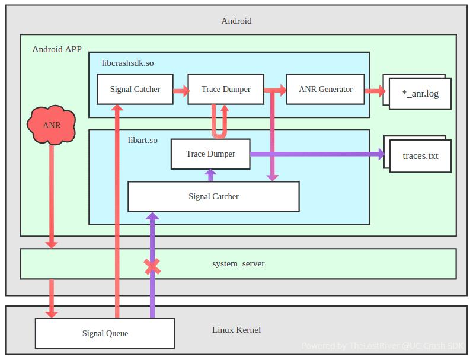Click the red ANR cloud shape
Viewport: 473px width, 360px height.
[52, 125]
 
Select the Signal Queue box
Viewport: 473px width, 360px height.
[105, 333]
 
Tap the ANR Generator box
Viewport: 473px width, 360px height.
[325, 89]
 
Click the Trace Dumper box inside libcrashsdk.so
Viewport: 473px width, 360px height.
[226, 89]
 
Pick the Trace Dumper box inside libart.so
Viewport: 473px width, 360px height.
[210, 154]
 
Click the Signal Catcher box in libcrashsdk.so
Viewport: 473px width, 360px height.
[135, 89]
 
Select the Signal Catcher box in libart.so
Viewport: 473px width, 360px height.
[213, 196]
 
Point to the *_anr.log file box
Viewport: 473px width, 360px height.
[420, 93]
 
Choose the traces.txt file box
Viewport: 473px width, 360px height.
[420, 156]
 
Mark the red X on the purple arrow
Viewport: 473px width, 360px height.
[152, 266]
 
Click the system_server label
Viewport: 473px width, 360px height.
[238, 263]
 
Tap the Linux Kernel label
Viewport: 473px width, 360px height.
[237, 330]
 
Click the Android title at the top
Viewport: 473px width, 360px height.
[237, 21]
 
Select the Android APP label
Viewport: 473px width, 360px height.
[57, 49]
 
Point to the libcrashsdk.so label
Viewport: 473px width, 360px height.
[128, 62]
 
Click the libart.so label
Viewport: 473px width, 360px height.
[143, 140]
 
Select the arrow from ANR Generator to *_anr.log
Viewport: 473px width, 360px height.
[374, 91]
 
